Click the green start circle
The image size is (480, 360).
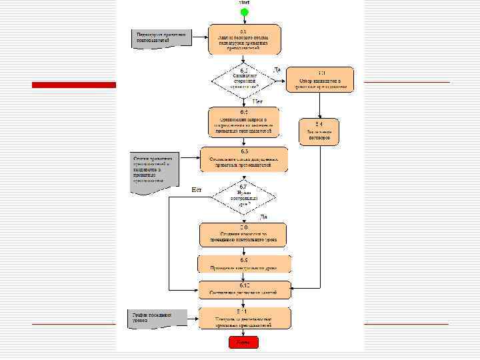pos(244,13)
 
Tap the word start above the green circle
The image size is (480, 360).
pos(245,3)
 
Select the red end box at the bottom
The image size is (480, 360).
pos(243,342)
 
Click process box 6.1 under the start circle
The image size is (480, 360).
pos(244,40)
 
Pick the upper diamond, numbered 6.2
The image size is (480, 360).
pos(244,80)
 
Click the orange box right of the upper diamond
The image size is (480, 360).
pos(321,79)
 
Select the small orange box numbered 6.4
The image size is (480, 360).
pos(319,131)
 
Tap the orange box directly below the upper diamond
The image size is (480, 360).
pos(244,121)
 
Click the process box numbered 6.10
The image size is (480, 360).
pos(244,290)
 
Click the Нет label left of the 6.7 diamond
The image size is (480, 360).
pos(197,190)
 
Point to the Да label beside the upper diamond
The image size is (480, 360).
pos(277,69)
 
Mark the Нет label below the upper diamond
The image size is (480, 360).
pos(258,101)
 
